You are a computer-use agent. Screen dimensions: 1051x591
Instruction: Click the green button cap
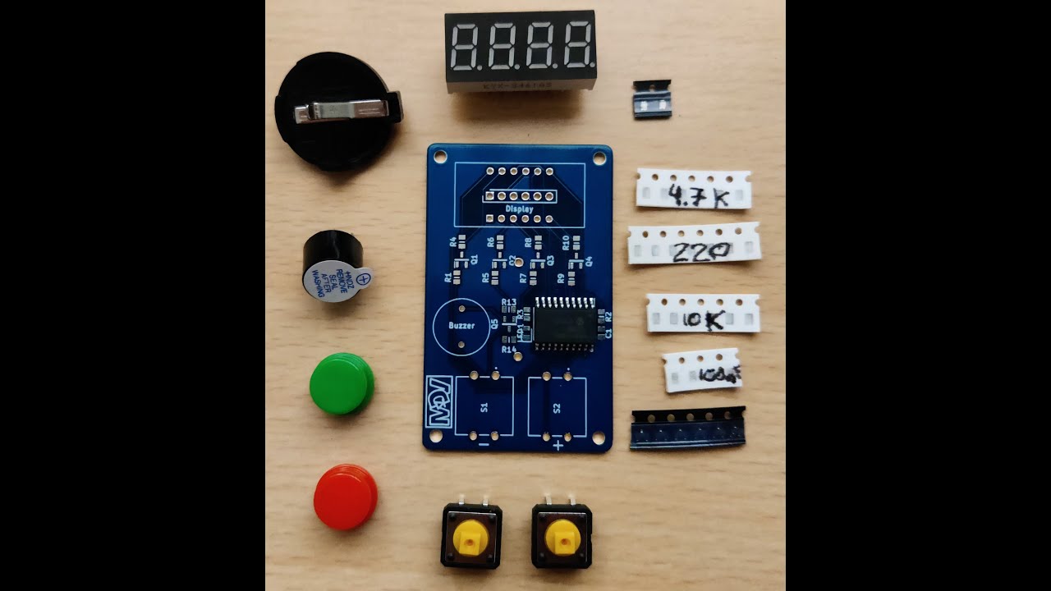coord(341,383)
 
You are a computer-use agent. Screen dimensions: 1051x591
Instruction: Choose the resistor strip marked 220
coord(694,245)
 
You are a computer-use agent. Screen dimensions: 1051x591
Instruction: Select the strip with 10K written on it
coord(703,314)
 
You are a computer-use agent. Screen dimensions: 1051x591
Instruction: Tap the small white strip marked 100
coord(703,370)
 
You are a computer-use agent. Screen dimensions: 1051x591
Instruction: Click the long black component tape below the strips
coord(687,428)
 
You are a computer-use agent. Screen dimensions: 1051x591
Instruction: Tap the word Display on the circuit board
coord(519,209)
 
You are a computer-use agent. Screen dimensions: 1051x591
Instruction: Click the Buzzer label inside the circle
coord(461,326)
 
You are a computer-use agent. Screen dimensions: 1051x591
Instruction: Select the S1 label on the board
coord(484,407)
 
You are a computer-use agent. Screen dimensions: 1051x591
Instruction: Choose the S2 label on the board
coord(557,407)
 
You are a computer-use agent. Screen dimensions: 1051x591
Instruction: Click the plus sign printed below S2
coord(558,446)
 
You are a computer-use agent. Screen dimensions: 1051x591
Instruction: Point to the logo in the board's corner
coord(438,401)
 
